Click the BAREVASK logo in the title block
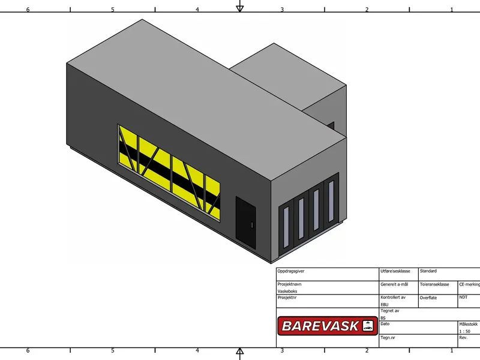tap(328, 326)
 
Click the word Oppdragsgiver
tap(291, 271)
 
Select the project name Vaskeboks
tap(287, 291)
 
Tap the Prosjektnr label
tap(287, 297)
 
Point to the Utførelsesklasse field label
tap(395, 271)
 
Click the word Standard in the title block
tap(428, 271)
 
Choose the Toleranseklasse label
tap(434, 284)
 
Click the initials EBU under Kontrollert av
tap(385, 305)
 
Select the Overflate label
tap(428, 298)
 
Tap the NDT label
tap(463, 297)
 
